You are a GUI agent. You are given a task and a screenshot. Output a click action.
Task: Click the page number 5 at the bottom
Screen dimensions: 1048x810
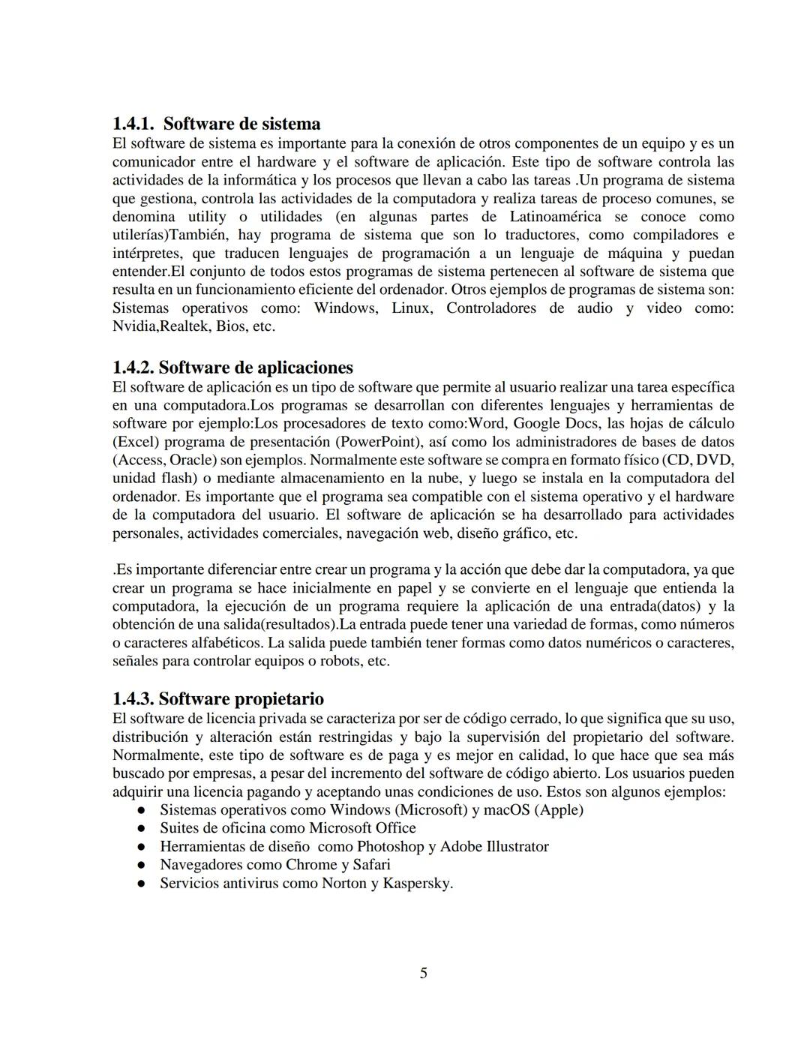point(423,973)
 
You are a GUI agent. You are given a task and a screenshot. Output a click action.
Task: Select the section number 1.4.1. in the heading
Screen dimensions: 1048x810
point(134,124)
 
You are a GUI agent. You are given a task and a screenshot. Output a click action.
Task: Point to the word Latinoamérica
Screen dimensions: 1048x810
point(555,217)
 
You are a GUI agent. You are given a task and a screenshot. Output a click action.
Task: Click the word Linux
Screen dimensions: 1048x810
point(411,308)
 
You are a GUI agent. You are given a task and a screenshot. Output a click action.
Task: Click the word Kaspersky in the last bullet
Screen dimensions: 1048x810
point(418,883)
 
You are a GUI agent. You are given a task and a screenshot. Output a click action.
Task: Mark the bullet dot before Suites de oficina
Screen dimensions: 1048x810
point(140,828)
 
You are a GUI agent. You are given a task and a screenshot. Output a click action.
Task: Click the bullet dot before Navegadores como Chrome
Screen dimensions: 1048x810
point(140,865)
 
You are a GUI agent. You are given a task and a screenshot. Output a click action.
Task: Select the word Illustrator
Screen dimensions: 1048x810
point(517,846)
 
